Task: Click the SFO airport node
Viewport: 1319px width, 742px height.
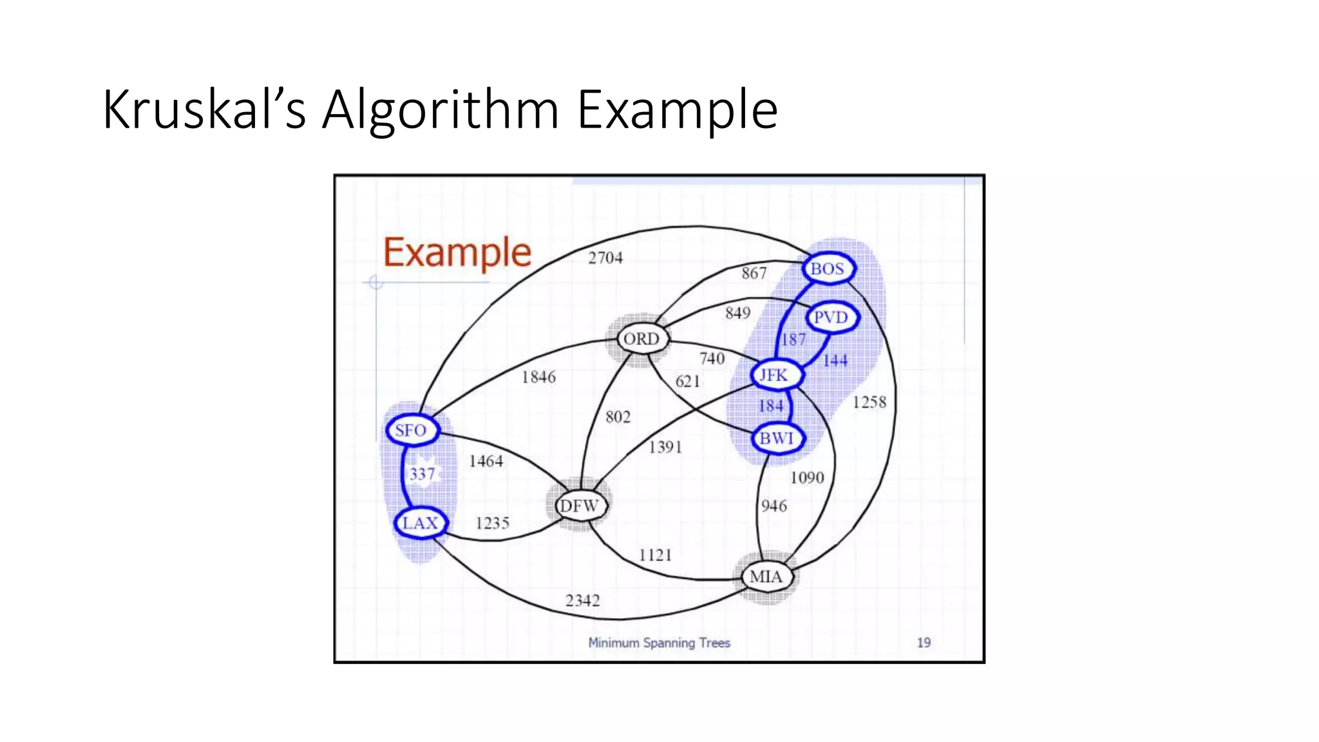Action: (412, 430)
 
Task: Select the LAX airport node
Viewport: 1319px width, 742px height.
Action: (421, 523)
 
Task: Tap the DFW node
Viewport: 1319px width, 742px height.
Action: (580, 506)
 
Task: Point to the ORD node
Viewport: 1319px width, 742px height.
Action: (642, 339)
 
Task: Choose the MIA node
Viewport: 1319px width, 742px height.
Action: (766, 576)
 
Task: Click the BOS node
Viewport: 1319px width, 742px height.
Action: (828, 269)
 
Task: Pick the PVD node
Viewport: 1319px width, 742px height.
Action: (831, 318)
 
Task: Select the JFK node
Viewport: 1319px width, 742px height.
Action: (775, 375)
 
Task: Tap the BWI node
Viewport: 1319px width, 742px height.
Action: (777, 439)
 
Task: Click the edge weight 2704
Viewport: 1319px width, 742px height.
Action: (605, 258)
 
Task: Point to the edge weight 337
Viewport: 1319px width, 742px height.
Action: (422, 475)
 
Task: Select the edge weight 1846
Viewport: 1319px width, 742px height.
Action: (538, 377)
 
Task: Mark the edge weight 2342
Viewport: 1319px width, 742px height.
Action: (582, 600)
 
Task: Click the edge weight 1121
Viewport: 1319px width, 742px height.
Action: (655, 555)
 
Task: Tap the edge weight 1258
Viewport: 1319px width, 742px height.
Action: (869, 403)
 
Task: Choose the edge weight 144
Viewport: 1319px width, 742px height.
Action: (835, 361)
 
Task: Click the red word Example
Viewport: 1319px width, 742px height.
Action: (457, 252)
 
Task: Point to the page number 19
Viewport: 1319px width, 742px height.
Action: (924, 642)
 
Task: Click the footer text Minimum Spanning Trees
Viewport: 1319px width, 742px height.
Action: (659, 643)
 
